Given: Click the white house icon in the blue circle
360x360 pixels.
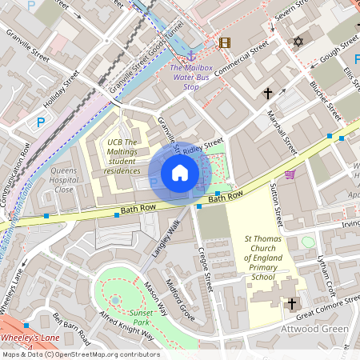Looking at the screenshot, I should coord(180,172).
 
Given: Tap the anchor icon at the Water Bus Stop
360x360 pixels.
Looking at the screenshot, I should coord(190,54).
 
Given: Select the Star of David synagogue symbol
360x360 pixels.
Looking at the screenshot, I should coord(299,41).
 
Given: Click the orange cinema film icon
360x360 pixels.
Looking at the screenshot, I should coord(224,43).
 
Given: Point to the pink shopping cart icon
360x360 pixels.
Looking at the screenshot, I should coord(290,174).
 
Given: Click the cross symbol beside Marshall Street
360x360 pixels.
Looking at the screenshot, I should coord(268,94).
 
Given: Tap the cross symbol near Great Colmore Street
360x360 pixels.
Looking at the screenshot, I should coord(292,303).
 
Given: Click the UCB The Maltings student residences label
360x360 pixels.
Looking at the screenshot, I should coord(122,156).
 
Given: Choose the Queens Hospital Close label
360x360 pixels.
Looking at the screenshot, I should coord(63,180).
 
